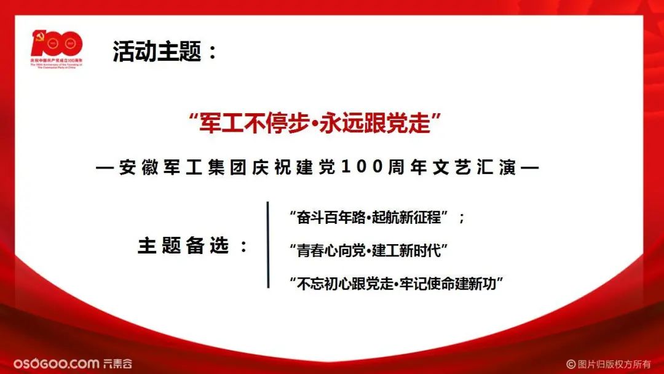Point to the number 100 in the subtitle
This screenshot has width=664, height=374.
[x=361, y=167]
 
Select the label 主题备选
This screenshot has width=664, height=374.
[x=183, y=246]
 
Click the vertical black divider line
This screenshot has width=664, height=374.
[x=268, y=244]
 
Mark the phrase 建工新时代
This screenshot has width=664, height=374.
[x=411, y=250]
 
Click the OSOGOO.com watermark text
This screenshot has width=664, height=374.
[x=56, y=363]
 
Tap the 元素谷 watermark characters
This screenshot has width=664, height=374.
[x=117, y=363]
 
